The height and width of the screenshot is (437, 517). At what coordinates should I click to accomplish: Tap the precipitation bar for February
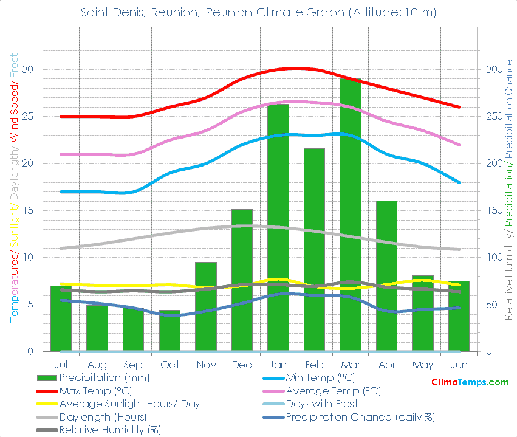[314, 250]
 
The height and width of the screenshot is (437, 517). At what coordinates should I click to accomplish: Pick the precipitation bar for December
[242, 280]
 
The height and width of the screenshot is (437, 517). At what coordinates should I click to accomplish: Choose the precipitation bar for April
[386, 276]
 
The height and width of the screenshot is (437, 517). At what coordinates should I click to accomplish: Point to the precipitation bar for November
[205, 306]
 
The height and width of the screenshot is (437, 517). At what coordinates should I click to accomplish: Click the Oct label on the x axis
[169, 365]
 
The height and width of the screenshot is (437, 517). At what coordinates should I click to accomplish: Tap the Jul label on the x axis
[61, 365]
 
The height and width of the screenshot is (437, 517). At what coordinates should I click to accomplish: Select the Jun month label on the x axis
[460, 365]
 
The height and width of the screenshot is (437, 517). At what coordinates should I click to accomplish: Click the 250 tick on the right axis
[494, 116]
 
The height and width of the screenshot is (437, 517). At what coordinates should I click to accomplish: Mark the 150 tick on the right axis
[494, 210]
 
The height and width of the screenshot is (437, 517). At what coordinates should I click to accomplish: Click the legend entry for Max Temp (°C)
[95, 391]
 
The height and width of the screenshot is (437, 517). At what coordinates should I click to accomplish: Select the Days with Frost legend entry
[321, 404]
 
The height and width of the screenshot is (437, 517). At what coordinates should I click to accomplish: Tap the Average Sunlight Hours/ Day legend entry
[129, 404]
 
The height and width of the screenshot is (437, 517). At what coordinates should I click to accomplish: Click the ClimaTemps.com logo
[470, 382]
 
